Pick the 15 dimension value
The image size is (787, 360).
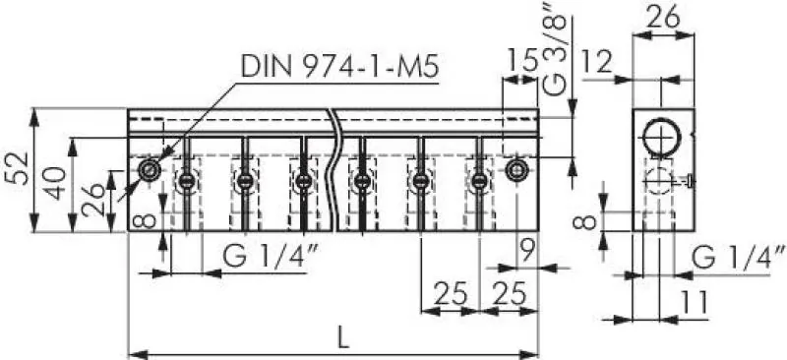tap(521, 61)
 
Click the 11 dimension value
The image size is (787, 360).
tap(695, 304)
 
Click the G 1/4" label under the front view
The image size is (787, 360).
tap(260, 256)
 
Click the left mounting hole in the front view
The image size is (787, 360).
tap(149, 170)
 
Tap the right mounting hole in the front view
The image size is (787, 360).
tap(516, 170)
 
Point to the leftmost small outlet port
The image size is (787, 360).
tap(186, 181)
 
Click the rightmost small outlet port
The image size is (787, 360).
tap(479, 181)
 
